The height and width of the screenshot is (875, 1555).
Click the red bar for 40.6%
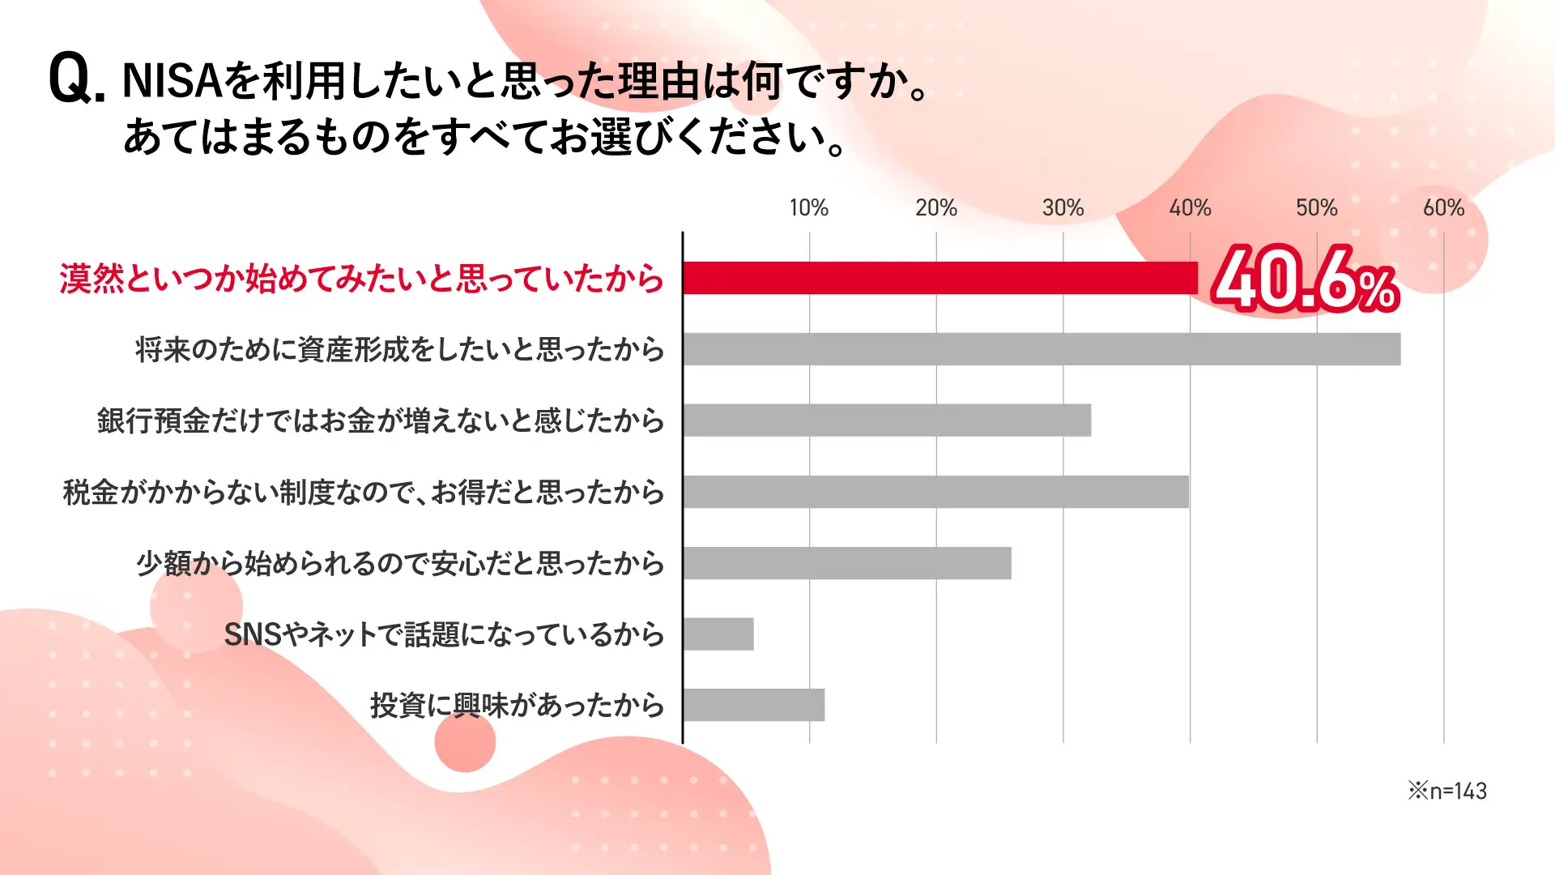pyautogui.click(x=939, y=278)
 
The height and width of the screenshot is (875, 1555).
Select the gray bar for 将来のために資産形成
pyautogui.click(x=1042, y=349)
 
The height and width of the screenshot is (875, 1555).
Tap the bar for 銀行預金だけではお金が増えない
pyautogui.click(x=887, y=420)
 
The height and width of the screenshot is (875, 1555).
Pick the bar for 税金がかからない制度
pyautogui.click(x=935, y=492)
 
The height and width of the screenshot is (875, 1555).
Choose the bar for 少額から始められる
pyautogui.click(x=847, y=563)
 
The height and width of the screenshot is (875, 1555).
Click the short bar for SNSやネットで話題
pyautogui.click(x=718, y=634)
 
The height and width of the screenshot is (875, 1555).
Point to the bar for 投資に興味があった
pyautogui.click(x=754, y=705)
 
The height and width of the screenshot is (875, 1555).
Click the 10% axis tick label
pyautogui.click(x=809, y=208)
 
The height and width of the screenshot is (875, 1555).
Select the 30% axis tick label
pyautogui.click(x=1063, y=208)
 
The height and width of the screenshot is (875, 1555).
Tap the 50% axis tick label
pyautogui.click(x=1316, y=208)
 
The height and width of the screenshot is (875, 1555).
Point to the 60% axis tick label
pyautogui.click(x=1443, y=208)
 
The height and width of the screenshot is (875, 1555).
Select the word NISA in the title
pyautogui.click(x=173, y=81)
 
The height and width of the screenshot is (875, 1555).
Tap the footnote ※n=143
pyautogui.click(x=1447, y=791)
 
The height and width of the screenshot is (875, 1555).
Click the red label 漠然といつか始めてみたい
pyautogui.click(x=361, y=279)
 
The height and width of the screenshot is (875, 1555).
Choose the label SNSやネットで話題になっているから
pyautogui.click(x=444, y=634)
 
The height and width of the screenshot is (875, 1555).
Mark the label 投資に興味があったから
pyautogui.click(x=517, y=706)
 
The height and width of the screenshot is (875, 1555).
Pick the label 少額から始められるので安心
pyautogui.click(x=400, y=563)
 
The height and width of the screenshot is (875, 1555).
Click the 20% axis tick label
pyautogui.click(x=936, y=208)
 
